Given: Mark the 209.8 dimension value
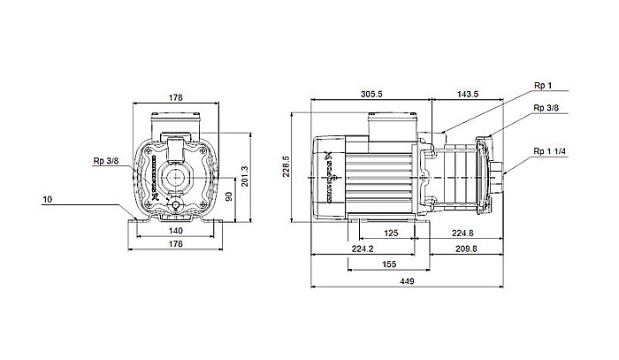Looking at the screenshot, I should coord(467,249).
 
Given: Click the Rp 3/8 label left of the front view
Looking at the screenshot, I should coord(105,161).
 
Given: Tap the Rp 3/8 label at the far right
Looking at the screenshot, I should coord(546,108).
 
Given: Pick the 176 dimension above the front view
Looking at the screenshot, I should coord(175,98).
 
